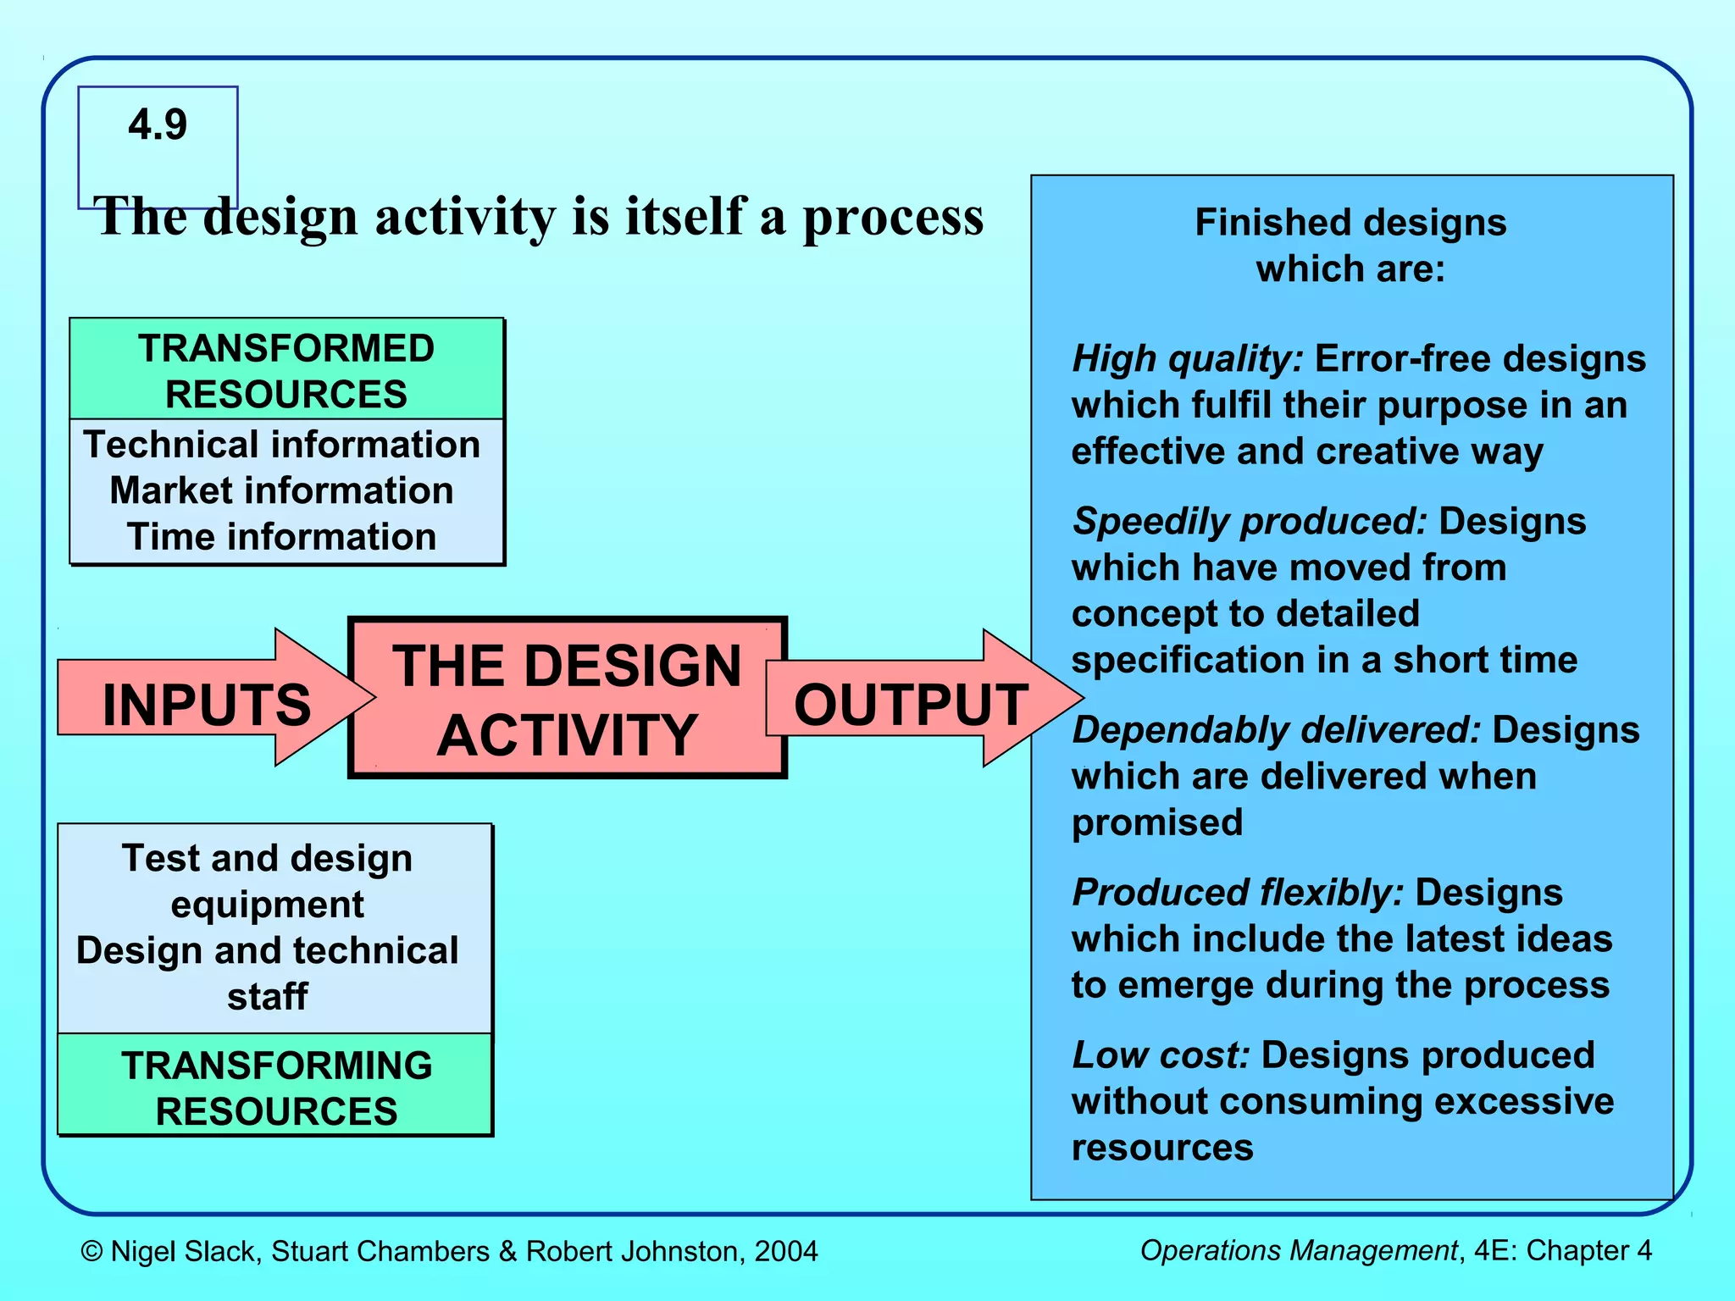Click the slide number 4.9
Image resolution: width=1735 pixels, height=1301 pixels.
pos(158,125)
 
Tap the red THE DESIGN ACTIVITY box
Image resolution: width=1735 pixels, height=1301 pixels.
pos(567,699)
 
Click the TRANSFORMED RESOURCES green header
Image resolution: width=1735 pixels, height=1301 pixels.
pos(286,371)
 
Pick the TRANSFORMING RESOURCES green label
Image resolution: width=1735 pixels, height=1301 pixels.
pos(276,1088)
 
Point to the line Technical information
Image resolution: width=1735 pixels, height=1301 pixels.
pos(281,445)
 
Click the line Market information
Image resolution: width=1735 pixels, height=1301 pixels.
pos(281,491)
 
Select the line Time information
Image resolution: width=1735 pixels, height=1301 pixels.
pos(281,537)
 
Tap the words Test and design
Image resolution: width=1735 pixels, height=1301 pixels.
pos(267,858)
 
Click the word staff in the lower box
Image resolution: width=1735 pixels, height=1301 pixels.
pos(267,997)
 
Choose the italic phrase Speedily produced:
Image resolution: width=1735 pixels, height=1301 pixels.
pos(1250,522)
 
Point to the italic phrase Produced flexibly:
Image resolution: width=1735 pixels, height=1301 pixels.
pos(1238,893)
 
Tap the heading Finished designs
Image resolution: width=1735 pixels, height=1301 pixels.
pos(1350,223)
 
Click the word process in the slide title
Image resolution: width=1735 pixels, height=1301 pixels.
pos(893,219)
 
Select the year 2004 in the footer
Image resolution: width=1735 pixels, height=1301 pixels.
pos(786,1251)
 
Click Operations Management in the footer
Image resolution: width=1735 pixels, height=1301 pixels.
pos(1298,1250)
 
